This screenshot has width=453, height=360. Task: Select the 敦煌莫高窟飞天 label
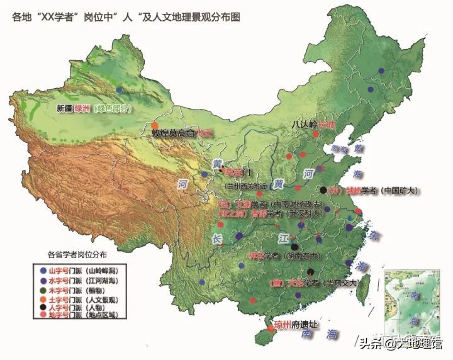[183, 133]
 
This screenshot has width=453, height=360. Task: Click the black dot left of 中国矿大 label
[323, 189]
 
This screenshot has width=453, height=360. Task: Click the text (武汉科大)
[305, 214]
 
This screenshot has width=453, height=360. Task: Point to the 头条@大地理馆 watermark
[400, 343]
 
